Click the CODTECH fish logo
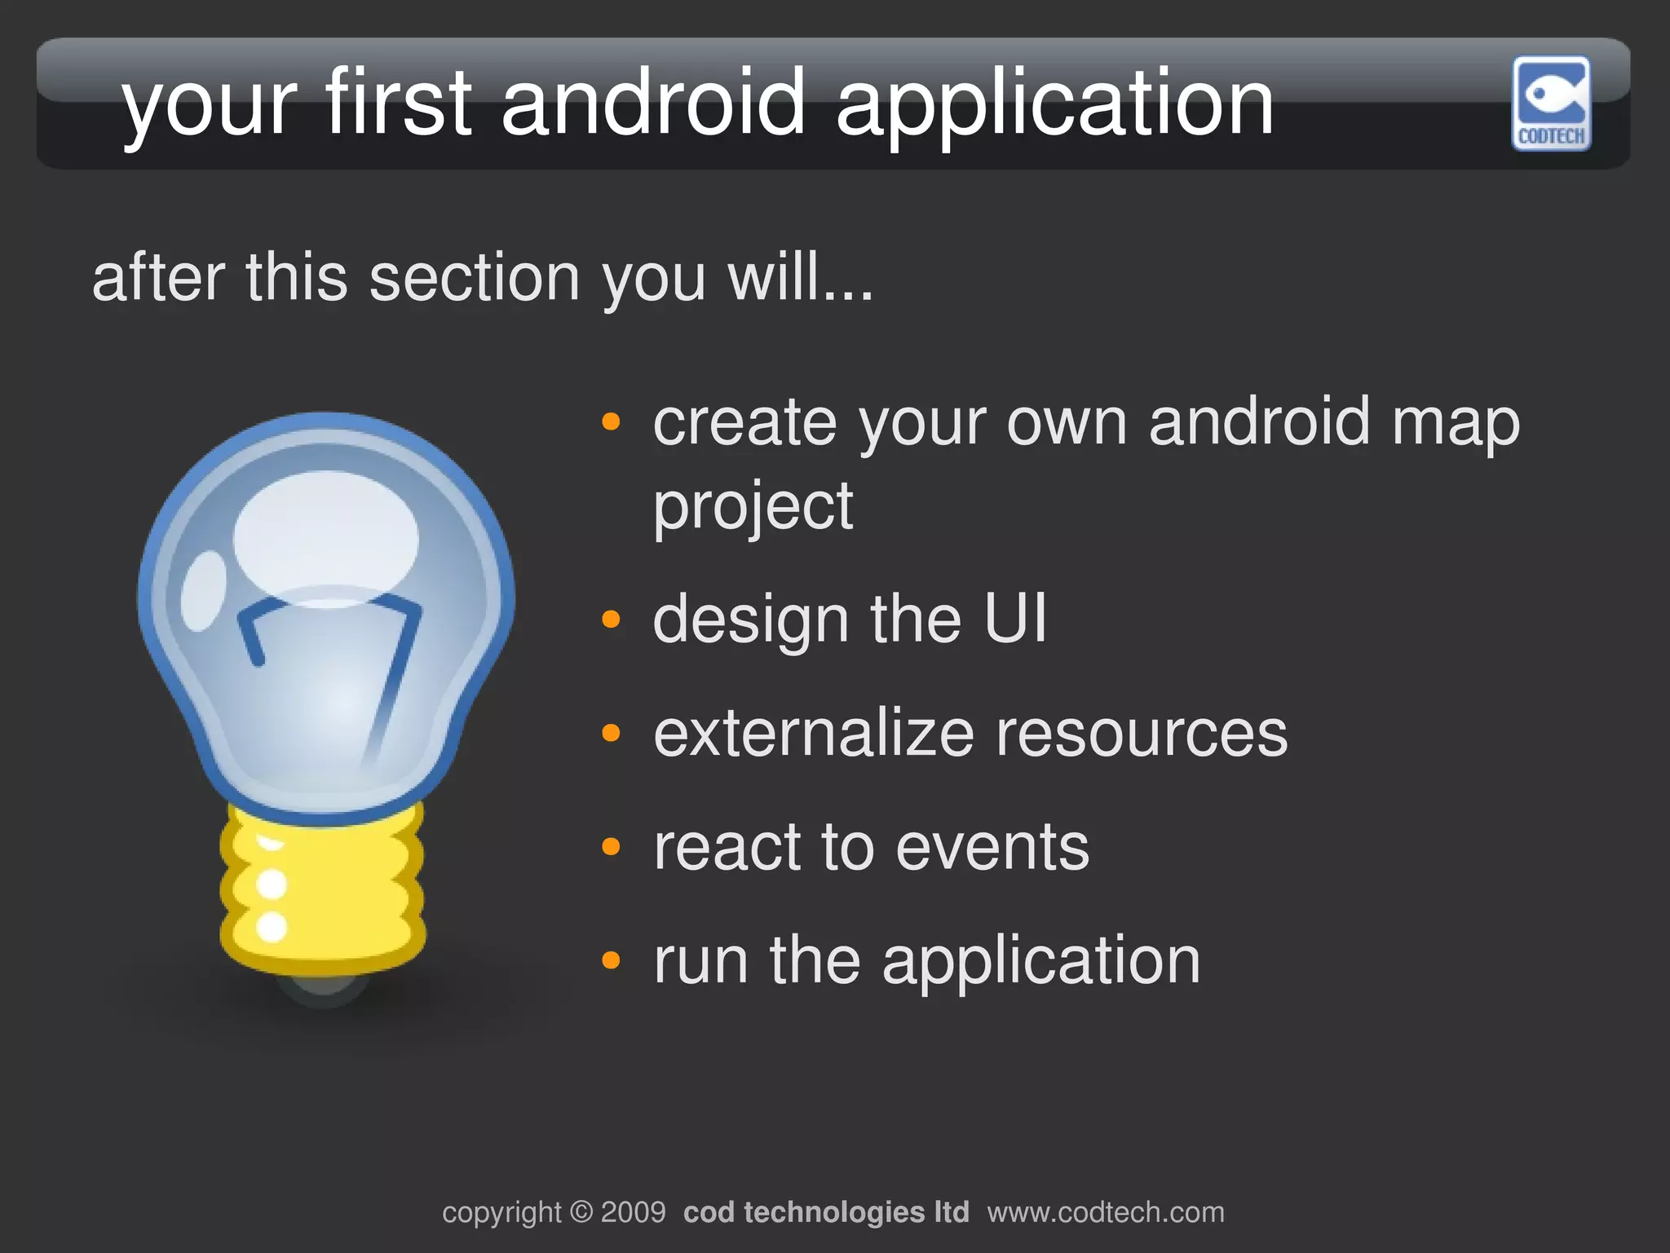point(1551,103)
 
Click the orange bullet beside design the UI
point(611,620)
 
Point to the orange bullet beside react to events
point(611,847)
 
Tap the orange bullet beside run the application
point(611,960)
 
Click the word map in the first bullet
point(1455,424)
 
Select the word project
point(753,507)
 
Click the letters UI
point(1014,619)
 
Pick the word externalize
point(813,733)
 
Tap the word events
point(992,847)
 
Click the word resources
point(1141,733)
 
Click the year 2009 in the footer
point(633,1212)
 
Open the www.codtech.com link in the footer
point(1105,1212)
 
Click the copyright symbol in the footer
point(581,1212)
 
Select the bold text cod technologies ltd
point(825,1212)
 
